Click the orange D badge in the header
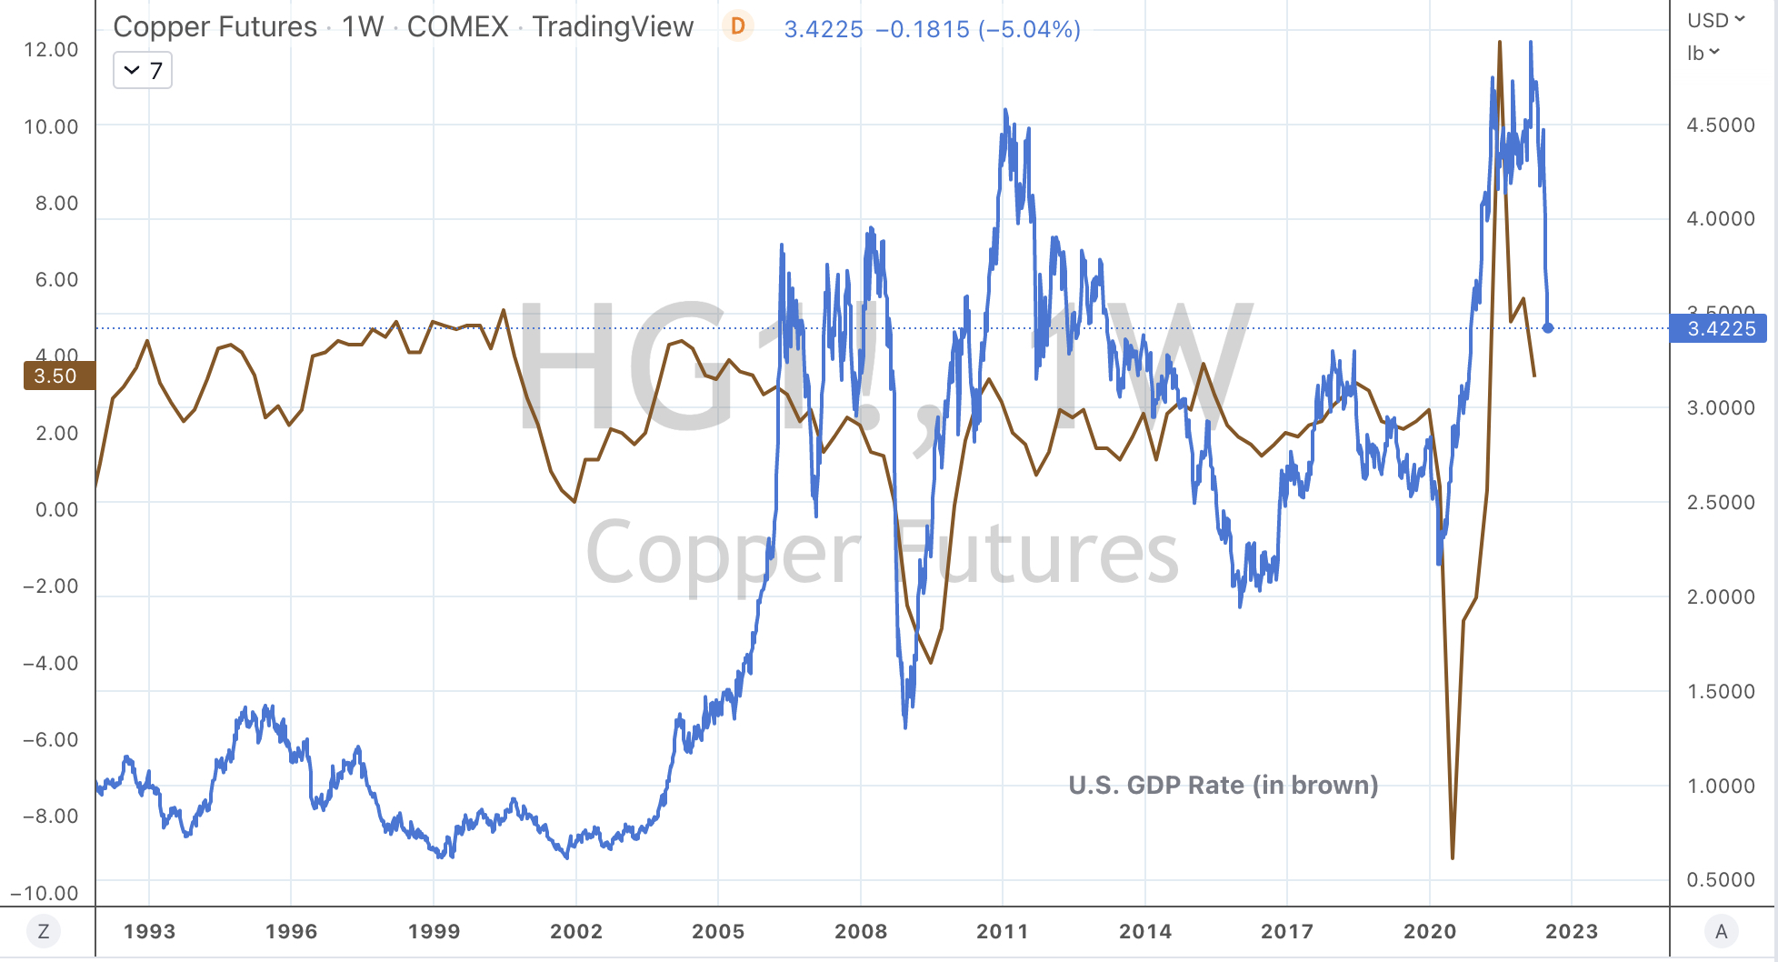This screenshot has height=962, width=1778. (737, 27)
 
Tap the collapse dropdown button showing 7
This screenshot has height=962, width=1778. (143, 71)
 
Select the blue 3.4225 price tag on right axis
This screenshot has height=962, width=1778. (1719, 328)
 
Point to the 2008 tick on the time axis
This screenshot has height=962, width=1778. (860, 931)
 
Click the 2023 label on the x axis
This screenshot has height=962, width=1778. (1571, 931)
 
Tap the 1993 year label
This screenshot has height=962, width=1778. (149, 931)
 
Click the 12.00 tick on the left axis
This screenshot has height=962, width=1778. (51, 49)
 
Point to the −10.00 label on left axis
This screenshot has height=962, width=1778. (45, 893)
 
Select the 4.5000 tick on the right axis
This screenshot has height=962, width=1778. (1720, 125)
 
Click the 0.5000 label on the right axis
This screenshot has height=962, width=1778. (1720, 879)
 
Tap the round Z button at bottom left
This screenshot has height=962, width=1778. (43, 931)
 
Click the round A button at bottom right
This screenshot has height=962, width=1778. (1721, 931)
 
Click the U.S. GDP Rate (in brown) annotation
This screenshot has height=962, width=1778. (1223, 785)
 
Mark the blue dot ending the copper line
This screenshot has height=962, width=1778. (1548, 328)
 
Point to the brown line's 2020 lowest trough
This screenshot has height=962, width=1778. (1453, 857)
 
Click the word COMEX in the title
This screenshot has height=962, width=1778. (457, 27)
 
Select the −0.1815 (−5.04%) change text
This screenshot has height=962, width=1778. (978, 29)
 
